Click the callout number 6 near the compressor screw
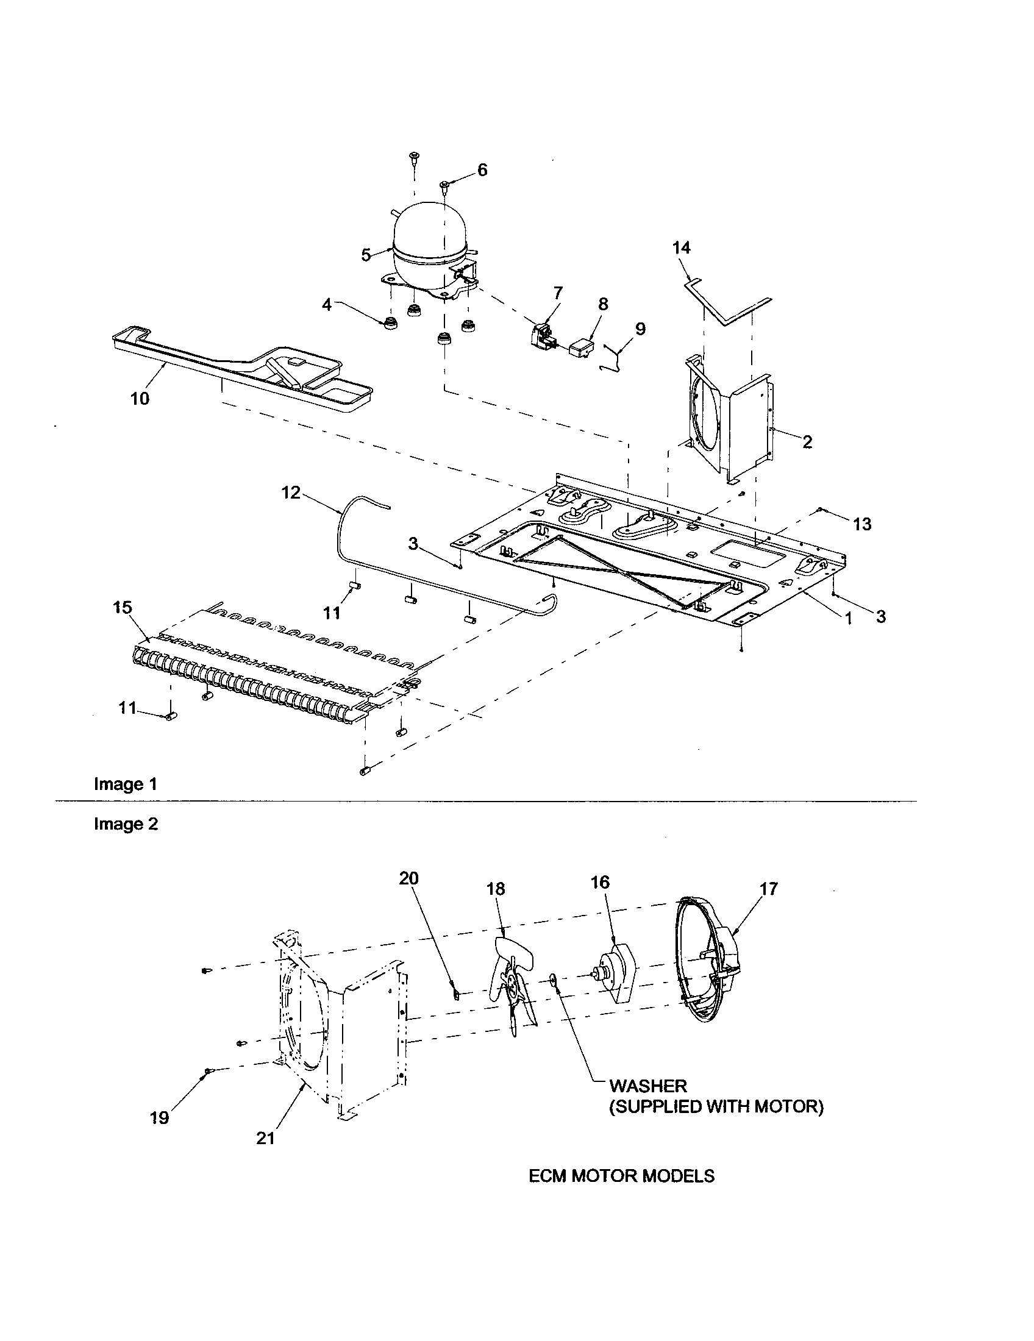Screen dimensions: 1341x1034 (x=482, y=170)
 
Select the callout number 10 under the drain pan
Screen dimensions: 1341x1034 (x=140, y=399)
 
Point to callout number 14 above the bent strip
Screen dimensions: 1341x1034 (x=681, y=247)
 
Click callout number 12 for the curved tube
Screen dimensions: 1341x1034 (x=291, y=493)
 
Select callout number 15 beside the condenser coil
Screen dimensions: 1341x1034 (x=122, y=607)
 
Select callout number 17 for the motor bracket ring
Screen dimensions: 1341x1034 (x=768, y=889)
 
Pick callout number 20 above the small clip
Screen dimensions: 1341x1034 (x=408, y=878)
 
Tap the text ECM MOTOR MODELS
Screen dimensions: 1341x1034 (x=621, y=1175)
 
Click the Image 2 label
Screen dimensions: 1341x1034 (x=126, y=824)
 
